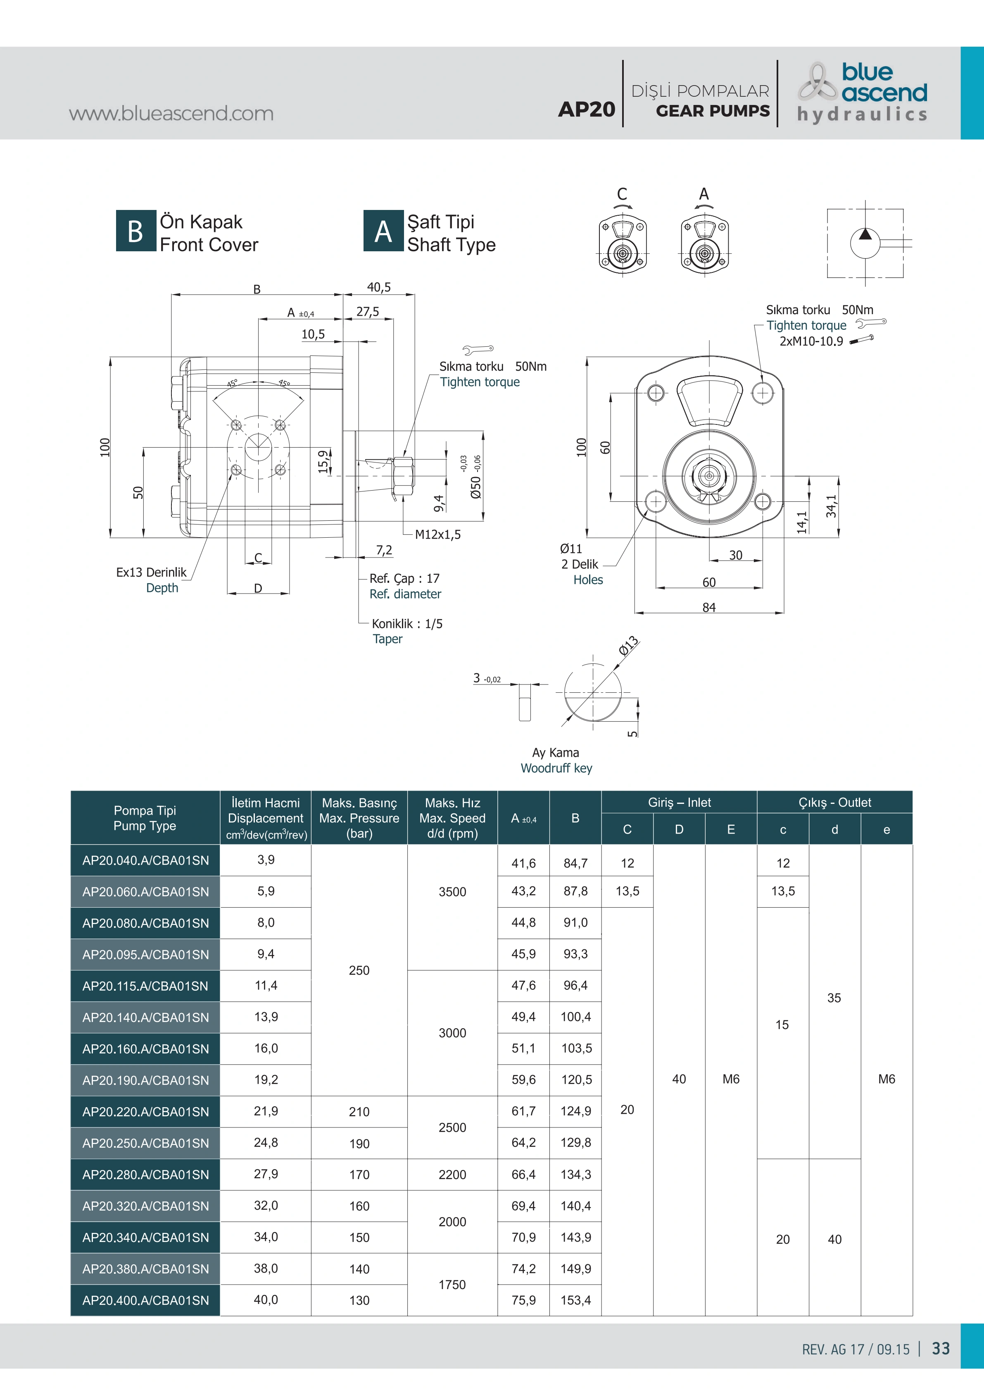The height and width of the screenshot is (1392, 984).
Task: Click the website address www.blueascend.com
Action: click(x=171, y=113)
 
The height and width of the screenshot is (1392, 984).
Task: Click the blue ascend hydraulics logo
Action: click(x=862, y=92)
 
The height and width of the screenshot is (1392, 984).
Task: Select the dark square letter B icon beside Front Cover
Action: click(x=136, y=231)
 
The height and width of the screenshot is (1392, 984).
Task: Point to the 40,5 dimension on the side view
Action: click(x=379, y=287)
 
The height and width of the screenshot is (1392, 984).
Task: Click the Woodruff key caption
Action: click(x=556, y=768)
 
